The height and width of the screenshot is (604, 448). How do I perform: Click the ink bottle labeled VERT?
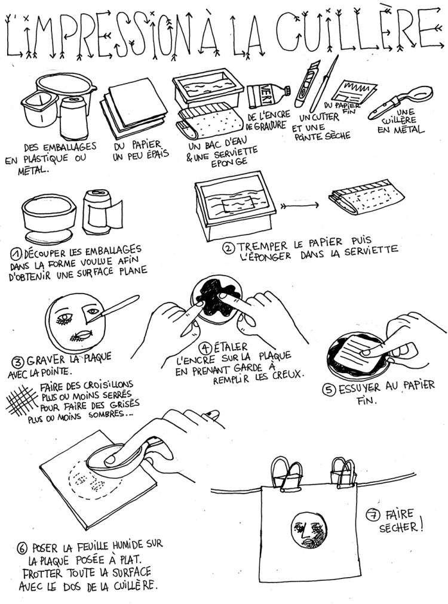point(269,95)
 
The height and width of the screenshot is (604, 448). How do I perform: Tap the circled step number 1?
point(17,254)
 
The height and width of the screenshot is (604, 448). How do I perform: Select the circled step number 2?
point(229,248)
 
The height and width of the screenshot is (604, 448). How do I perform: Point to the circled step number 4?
point(205,349)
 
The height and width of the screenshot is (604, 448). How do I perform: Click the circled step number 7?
point(373,515)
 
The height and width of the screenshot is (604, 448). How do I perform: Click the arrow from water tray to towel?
point(300,206)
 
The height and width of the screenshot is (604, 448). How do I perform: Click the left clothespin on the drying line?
point(287,473)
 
